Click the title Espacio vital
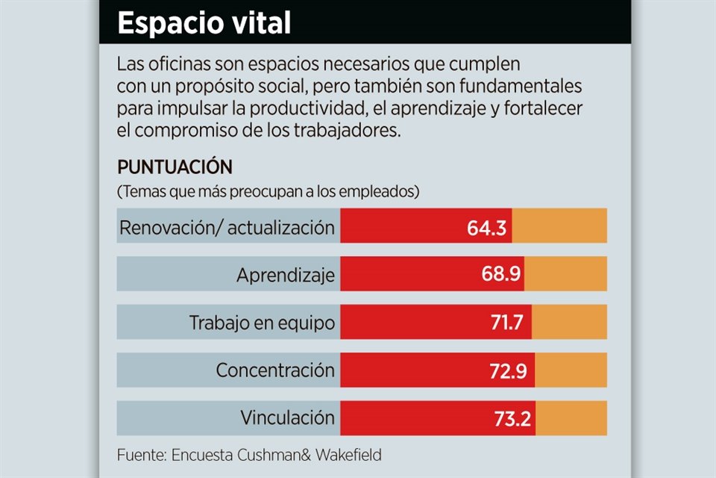(x=204, y=23)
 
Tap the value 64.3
(x=487, y=228)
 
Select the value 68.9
(x=500, y=276)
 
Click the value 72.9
(x=512, y=370)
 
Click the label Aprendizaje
(x=286, y=276)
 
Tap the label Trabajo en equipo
(x=262, y=323)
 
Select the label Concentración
(x=275, y=370)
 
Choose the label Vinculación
(x=287, y=418)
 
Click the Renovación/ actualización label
(x=227, y=228)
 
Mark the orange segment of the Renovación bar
(x=559, y=226)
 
